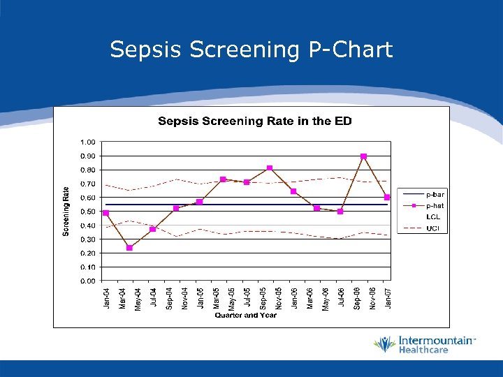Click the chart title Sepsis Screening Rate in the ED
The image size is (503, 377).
point(254,121)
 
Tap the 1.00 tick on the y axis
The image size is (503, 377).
point(88,142)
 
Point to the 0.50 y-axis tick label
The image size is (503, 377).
point(88,212)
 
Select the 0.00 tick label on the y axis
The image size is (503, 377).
point(88,281)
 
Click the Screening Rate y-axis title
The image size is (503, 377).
point(66,210)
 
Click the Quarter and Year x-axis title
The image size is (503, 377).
point(245,315)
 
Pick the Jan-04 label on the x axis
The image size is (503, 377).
point(106,298)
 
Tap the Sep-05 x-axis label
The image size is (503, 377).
point(263,298)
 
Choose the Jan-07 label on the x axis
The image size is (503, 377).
point(388,298)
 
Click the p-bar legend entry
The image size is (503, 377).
point(435,194)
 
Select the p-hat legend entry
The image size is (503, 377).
point(435,205)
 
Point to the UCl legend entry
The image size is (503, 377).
point(433,228)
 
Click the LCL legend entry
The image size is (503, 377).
point(433,217)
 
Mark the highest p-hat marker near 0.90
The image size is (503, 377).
point(363,156)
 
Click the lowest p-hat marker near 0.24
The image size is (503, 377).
point(129,248)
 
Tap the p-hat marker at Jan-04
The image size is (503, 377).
point(105,213)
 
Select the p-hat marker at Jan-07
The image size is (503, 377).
point(387,198)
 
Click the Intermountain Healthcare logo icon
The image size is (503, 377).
point(384,344)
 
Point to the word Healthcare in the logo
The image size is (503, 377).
point(423,350)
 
